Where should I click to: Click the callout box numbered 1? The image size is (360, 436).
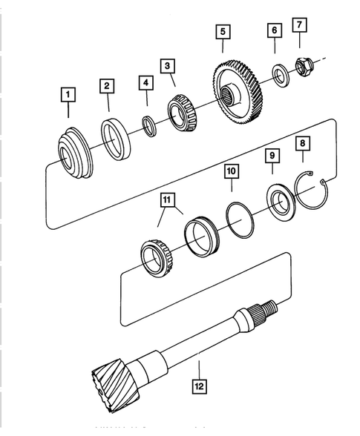coord(68,94)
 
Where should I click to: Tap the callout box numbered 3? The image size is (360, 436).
coord(169,66)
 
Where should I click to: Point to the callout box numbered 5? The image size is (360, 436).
coord(222,32)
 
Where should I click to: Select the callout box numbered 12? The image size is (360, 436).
coord(199,386)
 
